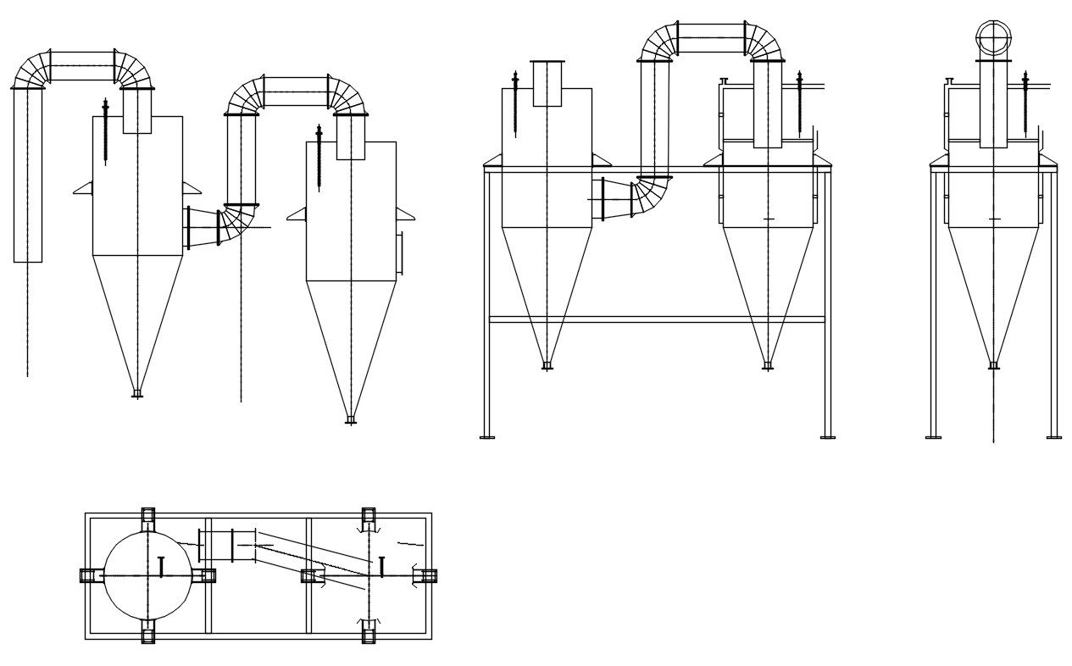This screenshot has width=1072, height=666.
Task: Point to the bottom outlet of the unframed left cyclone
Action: (x=137, y=393)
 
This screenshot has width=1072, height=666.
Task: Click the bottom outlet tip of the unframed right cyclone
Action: (x=350, y=419)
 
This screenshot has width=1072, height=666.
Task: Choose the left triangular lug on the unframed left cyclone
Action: (x=82, y=188)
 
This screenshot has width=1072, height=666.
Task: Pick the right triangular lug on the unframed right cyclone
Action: (x=405, y=214)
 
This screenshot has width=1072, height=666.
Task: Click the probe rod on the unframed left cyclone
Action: (x=105, y=131)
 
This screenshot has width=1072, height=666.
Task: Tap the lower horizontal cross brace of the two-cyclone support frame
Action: (x=657, y=319)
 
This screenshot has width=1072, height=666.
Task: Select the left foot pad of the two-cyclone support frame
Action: (x=487, y=436)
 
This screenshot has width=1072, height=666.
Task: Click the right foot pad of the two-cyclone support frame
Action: (x=827, y=436)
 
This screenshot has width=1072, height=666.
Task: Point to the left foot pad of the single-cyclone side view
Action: (x=933, y=436)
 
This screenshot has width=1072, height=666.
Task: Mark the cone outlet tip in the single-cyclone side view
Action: (x=993, y=365)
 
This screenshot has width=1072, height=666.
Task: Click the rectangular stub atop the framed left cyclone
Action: (x=547, y=83)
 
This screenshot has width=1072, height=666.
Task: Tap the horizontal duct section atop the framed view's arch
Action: (x=712, y=38)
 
